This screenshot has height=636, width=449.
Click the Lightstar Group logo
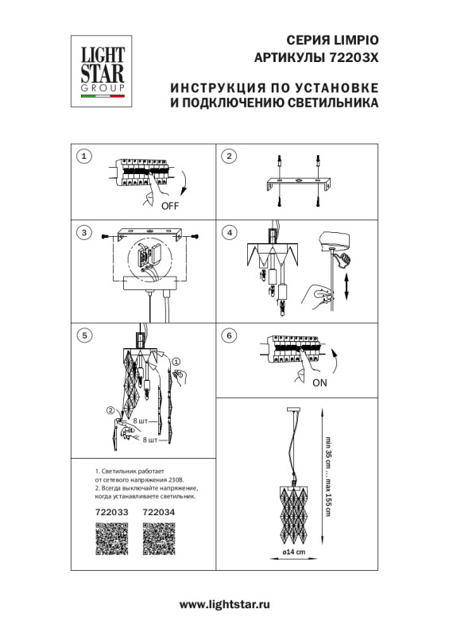[99, 70]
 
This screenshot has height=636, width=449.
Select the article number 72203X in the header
[353, 58]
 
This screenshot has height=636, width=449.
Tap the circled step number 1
[84, 156]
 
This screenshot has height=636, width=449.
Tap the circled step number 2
[229, 156]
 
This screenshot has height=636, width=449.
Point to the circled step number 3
[84, 233]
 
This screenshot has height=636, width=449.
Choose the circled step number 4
[229, 233]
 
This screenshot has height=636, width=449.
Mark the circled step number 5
[84, 335]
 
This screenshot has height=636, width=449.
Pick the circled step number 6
[229, 335]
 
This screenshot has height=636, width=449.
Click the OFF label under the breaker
[170, 206]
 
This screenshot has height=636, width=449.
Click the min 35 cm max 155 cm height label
[327, 475]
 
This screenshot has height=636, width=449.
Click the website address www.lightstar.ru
[224, 605]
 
